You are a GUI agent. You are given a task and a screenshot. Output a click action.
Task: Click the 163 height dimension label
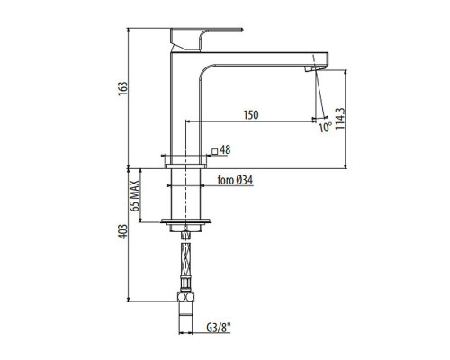(x=122, y=89)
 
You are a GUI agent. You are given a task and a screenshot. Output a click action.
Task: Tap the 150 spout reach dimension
(x=251, y=115)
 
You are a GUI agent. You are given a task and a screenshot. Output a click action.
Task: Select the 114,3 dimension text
(x=340, y=119)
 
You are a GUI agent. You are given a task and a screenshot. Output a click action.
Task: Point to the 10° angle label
(x=325, y=128)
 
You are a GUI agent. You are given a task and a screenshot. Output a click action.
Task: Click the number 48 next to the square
(x=225, y=150)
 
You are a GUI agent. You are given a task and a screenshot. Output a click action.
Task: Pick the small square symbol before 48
(x=215, y=151)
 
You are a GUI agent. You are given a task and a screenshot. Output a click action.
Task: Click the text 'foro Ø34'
(x=235, y=180)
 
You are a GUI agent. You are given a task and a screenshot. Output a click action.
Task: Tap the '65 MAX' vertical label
(x=135, y=196)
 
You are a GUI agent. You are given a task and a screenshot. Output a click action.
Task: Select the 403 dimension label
(x=122, y=232)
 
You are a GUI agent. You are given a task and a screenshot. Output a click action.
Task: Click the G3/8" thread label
(x=219, y=328)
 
